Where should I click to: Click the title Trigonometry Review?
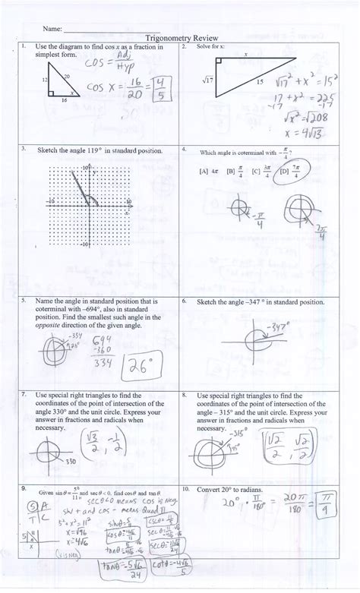click(180, 36)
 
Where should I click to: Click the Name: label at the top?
click(51, 28)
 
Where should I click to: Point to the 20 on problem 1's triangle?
click(67, 76)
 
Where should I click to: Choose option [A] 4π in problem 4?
click(204, 172)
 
